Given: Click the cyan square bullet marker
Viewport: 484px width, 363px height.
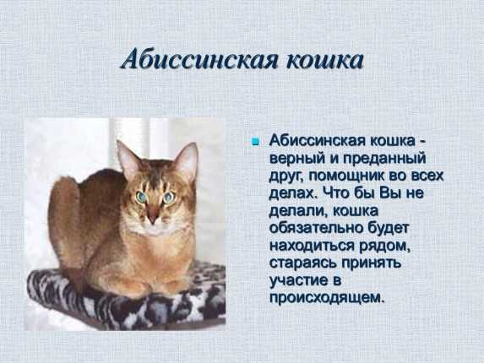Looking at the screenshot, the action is pos(255,142).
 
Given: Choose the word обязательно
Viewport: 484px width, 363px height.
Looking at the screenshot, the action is pos(316,228).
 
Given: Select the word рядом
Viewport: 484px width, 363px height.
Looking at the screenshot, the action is pos(384,247).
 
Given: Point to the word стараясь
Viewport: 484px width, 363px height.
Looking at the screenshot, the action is pos(302,263).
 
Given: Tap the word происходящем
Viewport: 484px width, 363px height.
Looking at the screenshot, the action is pos(328,299).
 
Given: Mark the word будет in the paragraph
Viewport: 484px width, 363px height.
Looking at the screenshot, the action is pos(388,228).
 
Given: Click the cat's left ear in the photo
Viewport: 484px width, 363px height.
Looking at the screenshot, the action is pos(128,158).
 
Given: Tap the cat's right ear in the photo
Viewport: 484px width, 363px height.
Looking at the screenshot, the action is pos(187,161).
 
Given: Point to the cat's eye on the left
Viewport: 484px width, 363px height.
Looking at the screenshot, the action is pos(141,197).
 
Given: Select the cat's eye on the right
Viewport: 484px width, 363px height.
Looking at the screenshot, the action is pos(169,198).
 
